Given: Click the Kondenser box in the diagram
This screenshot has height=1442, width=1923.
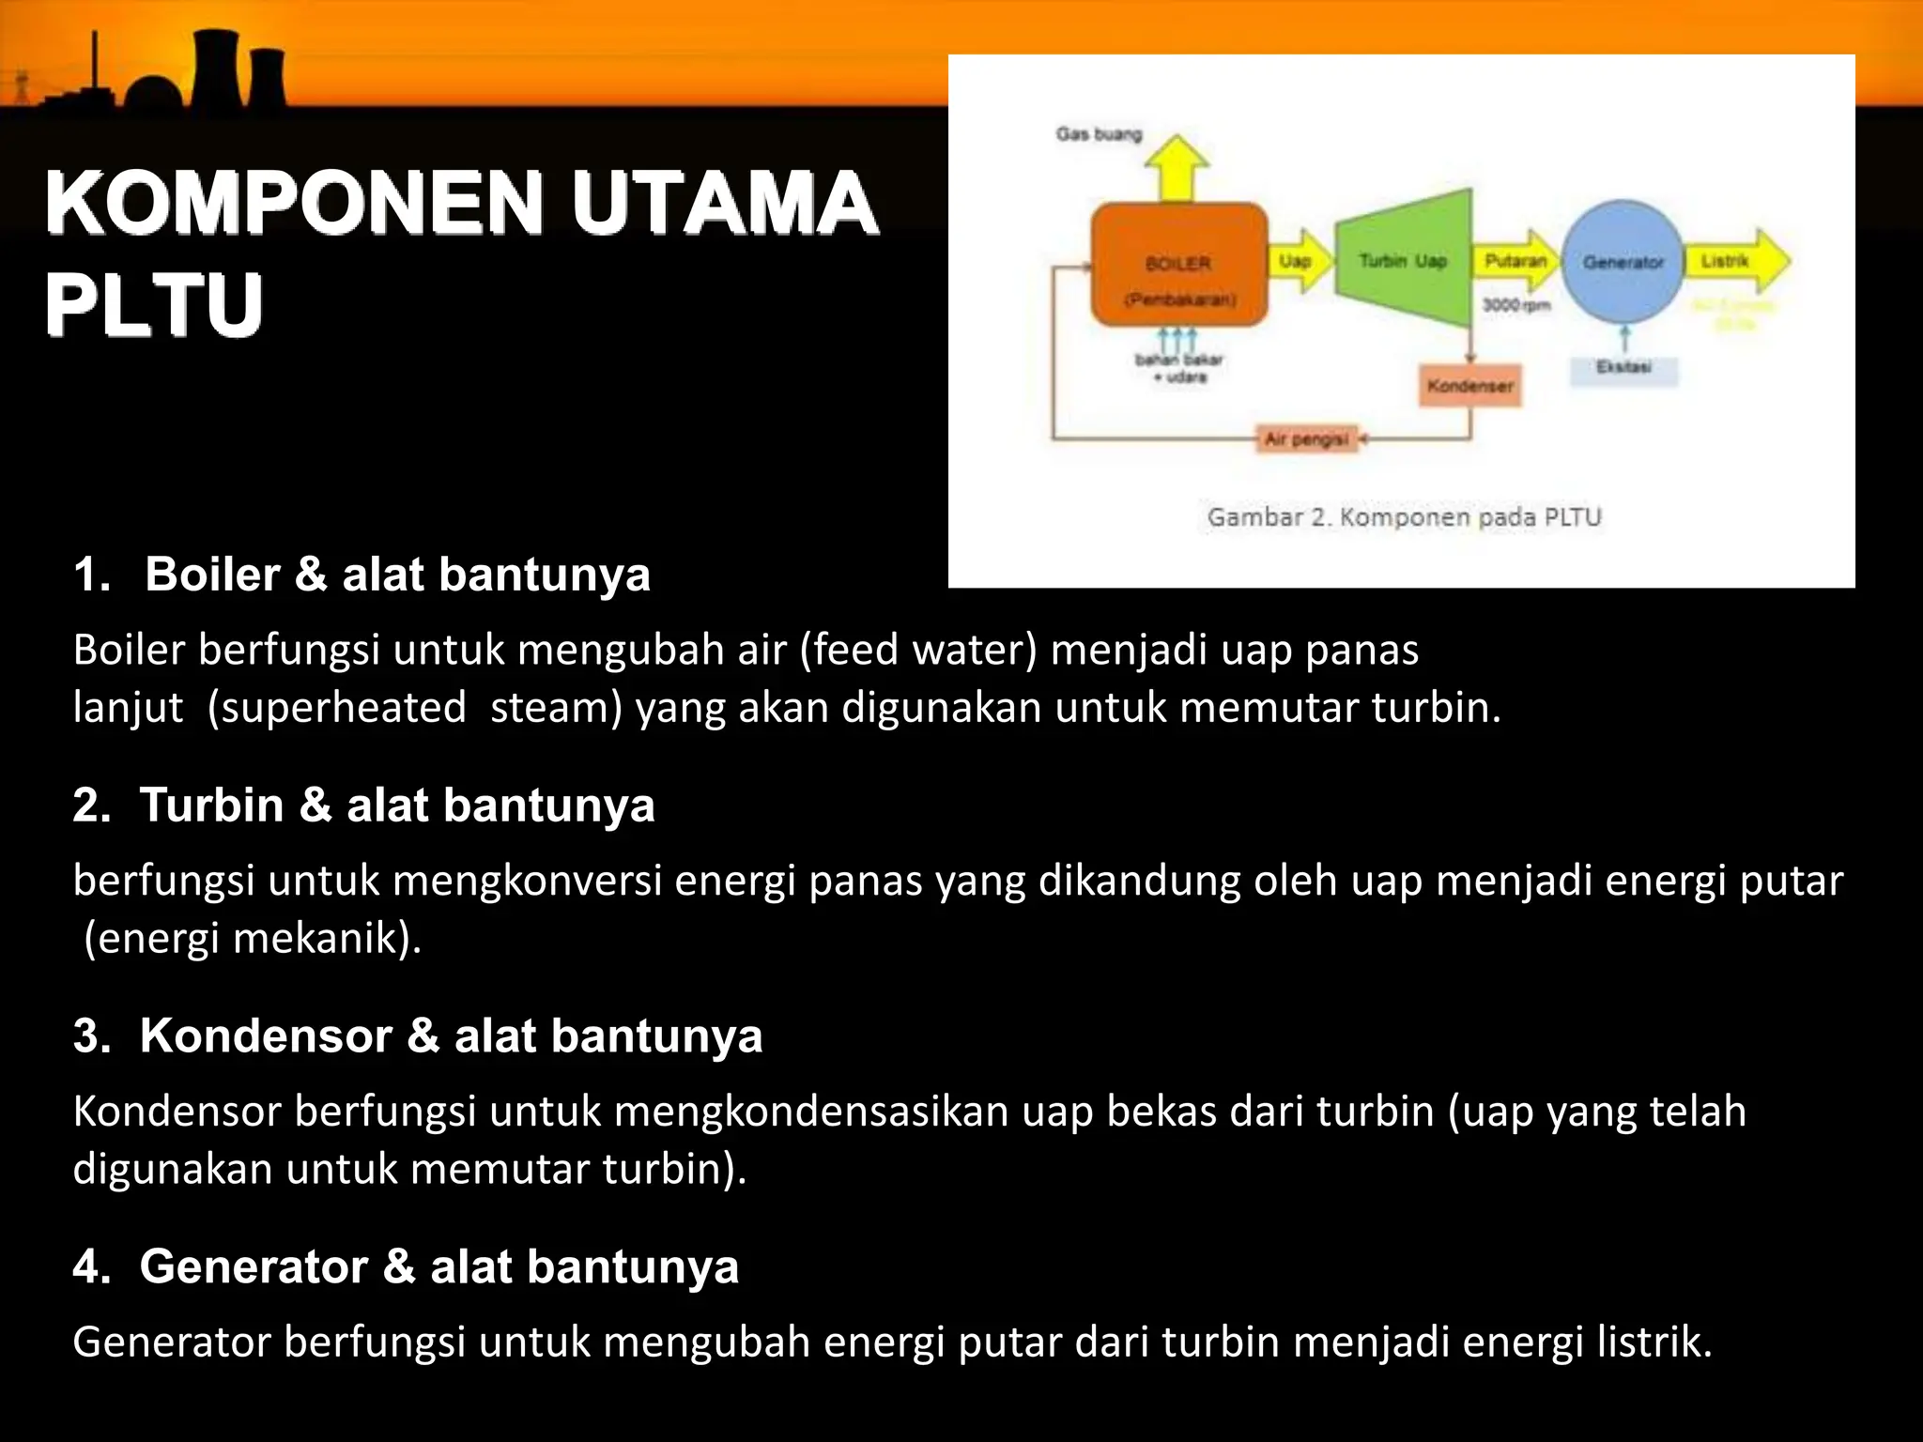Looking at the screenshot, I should (x=1469, y=386).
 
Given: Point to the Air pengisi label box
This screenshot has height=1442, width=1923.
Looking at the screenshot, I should (x=1307, y=438).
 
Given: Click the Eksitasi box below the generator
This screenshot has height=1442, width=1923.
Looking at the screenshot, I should (x=1623, y=368).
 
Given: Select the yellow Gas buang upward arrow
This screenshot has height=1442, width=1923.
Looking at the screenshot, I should (x=1177, y=169).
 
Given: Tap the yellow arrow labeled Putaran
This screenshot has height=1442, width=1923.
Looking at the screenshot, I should (x=1517, y=261).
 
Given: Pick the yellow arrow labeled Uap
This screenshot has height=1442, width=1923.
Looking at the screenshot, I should (x=1300, y=261).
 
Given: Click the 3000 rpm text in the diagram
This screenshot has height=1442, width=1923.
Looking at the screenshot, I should (x=1515, y=305).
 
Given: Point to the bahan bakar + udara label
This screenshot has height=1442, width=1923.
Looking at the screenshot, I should (x=1179, y=368).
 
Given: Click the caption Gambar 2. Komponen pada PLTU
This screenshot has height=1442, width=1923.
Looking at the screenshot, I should (x=1404, y=517).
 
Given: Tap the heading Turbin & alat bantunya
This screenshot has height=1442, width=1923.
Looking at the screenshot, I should (x=396, y=805).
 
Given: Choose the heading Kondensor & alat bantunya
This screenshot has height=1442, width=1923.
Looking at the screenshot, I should (x=451, y=1036).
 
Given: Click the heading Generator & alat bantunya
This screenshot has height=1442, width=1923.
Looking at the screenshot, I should (x=438, y=1266).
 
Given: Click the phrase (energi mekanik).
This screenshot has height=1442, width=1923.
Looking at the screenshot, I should (x=252, y=938).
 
